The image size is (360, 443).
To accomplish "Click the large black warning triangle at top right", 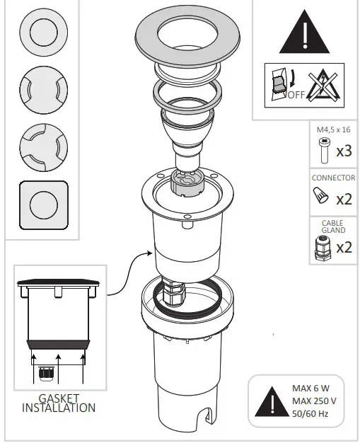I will point(304,34).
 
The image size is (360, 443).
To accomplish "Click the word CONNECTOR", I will point(333,178).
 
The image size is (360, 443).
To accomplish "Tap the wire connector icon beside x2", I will point(323,196).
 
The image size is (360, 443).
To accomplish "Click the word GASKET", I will point(59,398).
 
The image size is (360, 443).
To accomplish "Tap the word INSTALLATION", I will point(59,408).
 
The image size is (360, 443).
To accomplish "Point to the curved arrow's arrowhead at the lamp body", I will point(150,253).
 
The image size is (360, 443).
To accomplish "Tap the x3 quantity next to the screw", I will point(344,151).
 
